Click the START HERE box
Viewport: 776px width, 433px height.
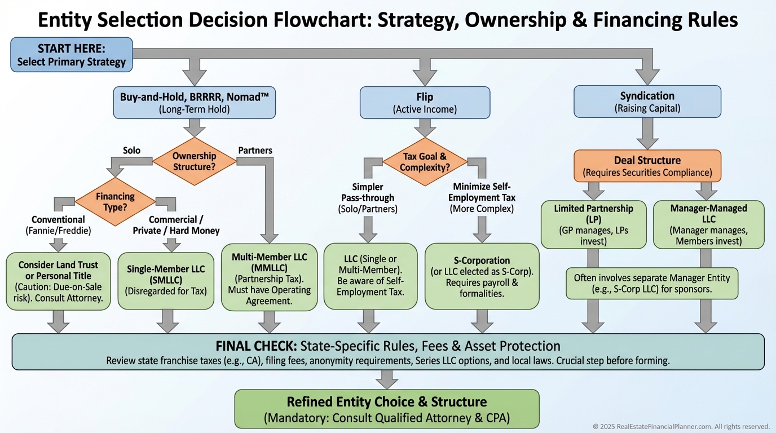pos(72,55)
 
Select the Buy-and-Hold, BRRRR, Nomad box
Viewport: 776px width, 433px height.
pos(195,102)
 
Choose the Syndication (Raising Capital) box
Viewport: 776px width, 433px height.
pos(647,101)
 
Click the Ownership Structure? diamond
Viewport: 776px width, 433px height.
pos(195,161)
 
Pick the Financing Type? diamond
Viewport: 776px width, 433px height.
pos(115,202)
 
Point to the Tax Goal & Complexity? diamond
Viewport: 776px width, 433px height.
pos(425,162)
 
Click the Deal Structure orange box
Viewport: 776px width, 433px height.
pos(647,166)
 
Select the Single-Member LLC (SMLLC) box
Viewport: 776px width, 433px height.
pos(166,280)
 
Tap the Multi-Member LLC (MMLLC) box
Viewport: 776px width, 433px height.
pos(269,278)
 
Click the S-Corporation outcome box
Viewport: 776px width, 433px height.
pos(482,276)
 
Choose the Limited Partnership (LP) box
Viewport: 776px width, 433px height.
pos(593,224)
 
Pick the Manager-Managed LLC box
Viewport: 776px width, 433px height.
pos(708,224)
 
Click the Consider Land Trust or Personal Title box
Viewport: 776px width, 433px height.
pos(58,281)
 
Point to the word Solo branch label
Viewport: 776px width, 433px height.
pos(131,151)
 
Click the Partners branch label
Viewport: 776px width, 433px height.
pos(255,151)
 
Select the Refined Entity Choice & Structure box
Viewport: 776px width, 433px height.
pos(386,409)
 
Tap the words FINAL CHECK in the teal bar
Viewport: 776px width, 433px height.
pos(257,346)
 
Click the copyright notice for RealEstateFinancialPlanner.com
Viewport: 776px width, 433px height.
pos(681,426)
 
